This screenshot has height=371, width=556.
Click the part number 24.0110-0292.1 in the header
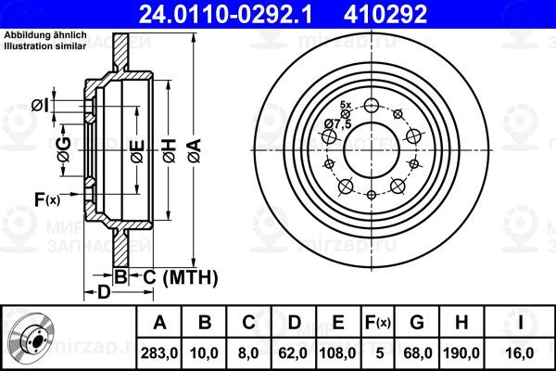coord(225,14)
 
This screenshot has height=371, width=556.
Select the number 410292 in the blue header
coord(385,14)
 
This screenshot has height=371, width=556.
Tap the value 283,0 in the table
coord(159,353)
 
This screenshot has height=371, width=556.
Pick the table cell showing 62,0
coord(293,353)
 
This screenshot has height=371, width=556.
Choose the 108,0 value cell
coord(337,353)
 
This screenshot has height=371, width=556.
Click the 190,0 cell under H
coord(461,353)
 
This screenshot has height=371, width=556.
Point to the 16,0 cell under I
coord(520,353)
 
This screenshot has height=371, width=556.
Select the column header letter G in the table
coord(417,323)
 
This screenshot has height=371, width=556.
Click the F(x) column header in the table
coord(378,323)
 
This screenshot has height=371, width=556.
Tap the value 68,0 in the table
coord(417,353)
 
